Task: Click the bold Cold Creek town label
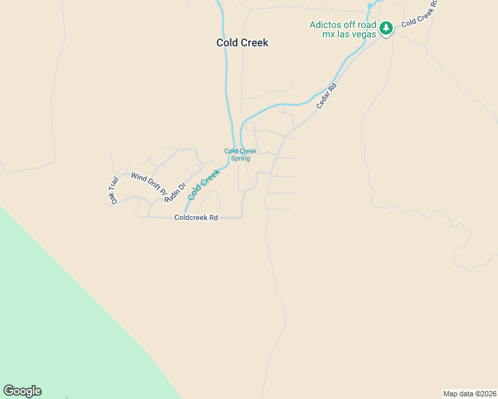(242, 43)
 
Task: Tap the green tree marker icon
(386, 29)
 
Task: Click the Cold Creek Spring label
(240, 155)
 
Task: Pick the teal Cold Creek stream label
(204, 185)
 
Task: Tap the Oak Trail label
(114, 190)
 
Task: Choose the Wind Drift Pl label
(146, 184)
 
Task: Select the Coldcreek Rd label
(196, 217)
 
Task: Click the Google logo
(22, 391)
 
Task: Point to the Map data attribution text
(469, 393)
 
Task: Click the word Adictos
(325, 25)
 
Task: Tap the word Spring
(240, 159)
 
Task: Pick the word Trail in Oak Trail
(113, 185)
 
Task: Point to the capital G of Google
(9, 390)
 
